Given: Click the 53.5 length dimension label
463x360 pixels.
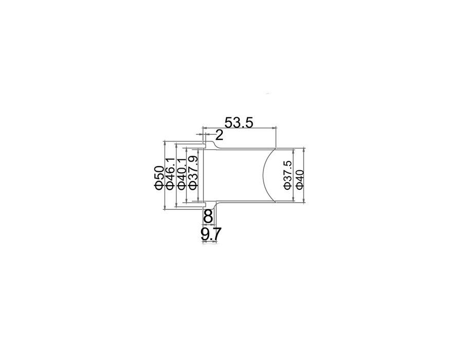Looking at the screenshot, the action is pyautogui.click(x=239, y=122).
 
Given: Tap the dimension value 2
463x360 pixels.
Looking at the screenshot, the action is pyautogui.click(x=219, y=136).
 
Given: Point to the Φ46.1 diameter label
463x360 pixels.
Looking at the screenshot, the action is pyautogui.click(x=171, y=174).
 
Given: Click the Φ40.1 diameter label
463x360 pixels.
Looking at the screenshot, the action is pyautogui.click(x=181, y=174).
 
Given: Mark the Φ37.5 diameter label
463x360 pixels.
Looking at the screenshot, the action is pyautogui.click(x=288, y=175).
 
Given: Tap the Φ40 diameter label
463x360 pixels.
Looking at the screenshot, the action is pyautogui.click(x=299, y=179).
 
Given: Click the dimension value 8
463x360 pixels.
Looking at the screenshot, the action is pyautogui.click(x=208, y=217).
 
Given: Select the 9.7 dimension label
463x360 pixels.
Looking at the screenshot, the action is pyautogui.click(x=210, y=235).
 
